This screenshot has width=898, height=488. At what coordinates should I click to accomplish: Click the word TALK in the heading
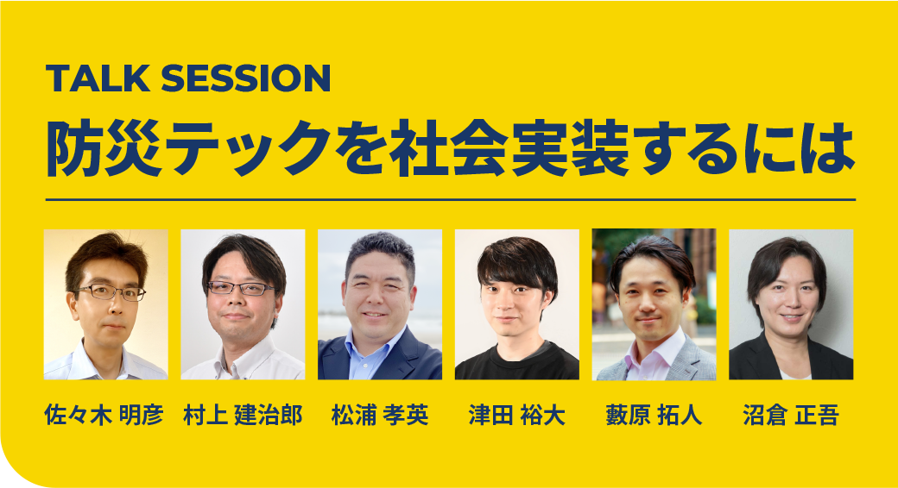(98, 78)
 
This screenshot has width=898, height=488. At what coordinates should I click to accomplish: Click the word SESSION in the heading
(246, 78)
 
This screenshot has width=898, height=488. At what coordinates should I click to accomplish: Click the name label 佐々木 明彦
(104, 415)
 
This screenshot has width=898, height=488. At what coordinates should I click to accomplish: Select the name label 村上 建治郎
(243, 415)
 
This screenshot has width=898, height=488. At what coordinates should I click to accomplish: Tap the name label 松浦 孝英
(380, 415)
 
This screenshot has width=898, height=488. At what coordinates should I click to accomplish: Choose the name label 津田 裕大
(516, 415)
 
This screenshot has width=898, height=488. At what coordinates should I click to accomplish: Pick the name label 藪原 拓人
(654, 415)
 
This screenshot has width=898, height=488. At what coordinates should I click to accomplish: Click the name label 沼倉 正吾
(791, 415)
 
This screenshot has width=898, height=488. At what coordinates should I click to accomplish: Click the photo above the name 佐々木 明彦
(106, 304)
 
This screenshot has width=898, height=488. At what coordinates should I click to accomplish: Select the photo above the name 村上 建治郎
(243, 304)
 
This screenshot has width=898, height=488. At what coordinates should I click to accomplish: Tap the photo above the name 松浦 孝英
(380, 304)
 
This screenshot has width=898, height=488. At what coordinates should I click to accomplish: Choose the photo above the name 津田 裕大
(517, 304)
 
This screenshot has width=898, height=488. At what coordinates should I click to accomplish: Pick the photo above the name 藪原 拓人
(654, 304)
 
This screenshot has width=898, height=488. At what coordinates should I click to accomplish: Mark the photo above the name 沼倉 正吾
(791, 304)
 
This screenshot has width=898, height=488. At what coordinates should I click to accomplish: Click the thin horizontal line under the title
(450, 200)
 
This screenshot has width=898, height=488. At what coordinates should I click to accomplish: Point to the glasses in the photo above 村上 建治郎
(241, 288)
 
